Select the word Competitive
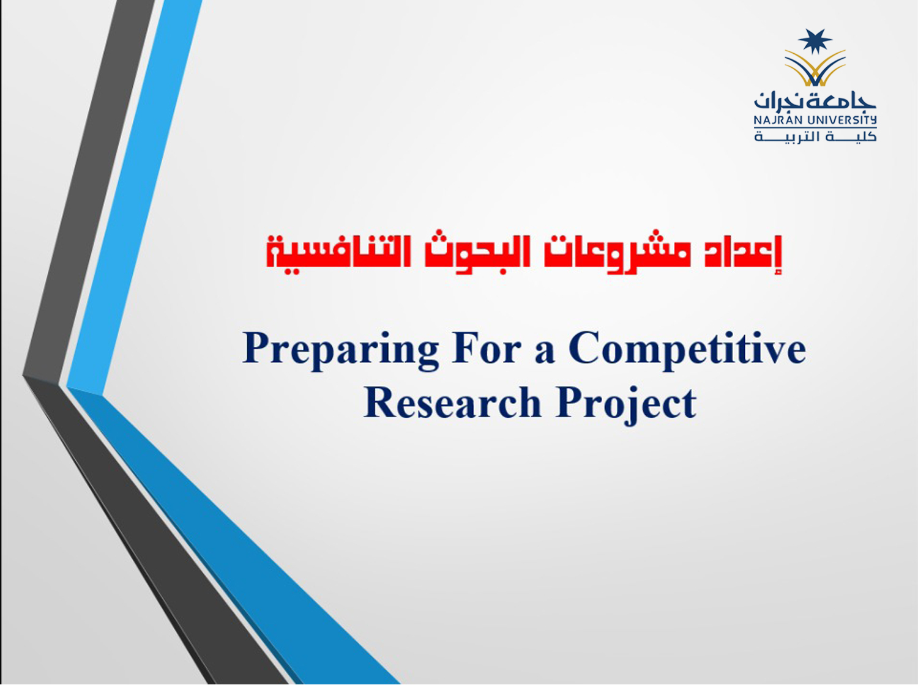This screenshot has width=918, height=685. [x=687, y=350]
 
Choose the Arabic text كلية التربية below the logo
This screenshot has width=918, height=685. [x=815, y=136]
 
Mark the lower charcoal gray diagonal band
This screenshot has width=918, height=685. [x=155, y=531]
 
